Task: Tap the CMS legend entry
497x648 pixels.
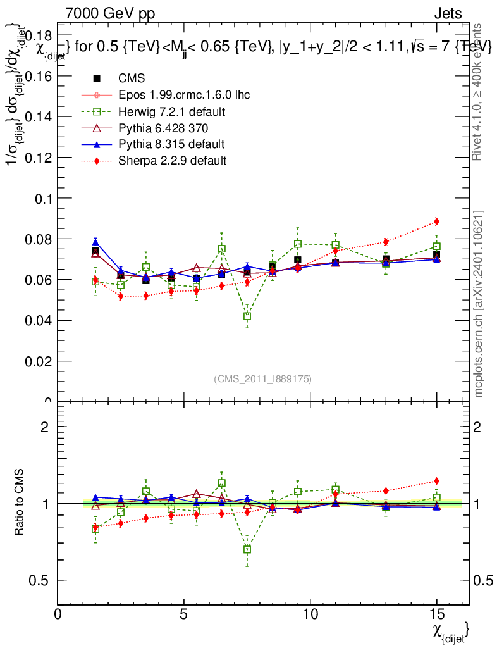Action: point(132,78)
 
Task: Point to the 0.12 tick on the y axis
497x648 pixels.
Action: point(41,158)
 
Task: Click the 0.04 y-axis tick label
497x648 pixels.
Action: point(41,320)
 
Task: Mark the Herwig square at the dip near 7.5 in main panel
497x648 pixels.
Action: point(247,316)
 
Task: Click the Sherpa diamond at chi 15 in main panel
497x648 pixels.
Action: point(436,221)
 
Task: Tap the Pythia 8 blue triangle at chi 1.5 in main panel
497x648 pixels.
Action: point(95,242)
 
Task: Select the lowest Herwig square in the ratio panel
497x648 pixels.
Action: point(247,549)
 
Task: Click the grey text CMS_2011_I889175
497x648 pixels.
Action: point(262,378)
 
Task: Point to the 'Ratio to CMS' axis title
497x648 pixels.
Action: point(20,503)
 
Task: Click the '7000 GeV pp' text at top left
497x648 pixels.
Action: point(110,13)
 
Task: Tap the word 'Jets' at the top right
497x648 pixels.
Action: point(448,13)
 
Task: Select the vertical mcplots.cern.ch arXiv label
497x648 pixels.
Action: point(479,304)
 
